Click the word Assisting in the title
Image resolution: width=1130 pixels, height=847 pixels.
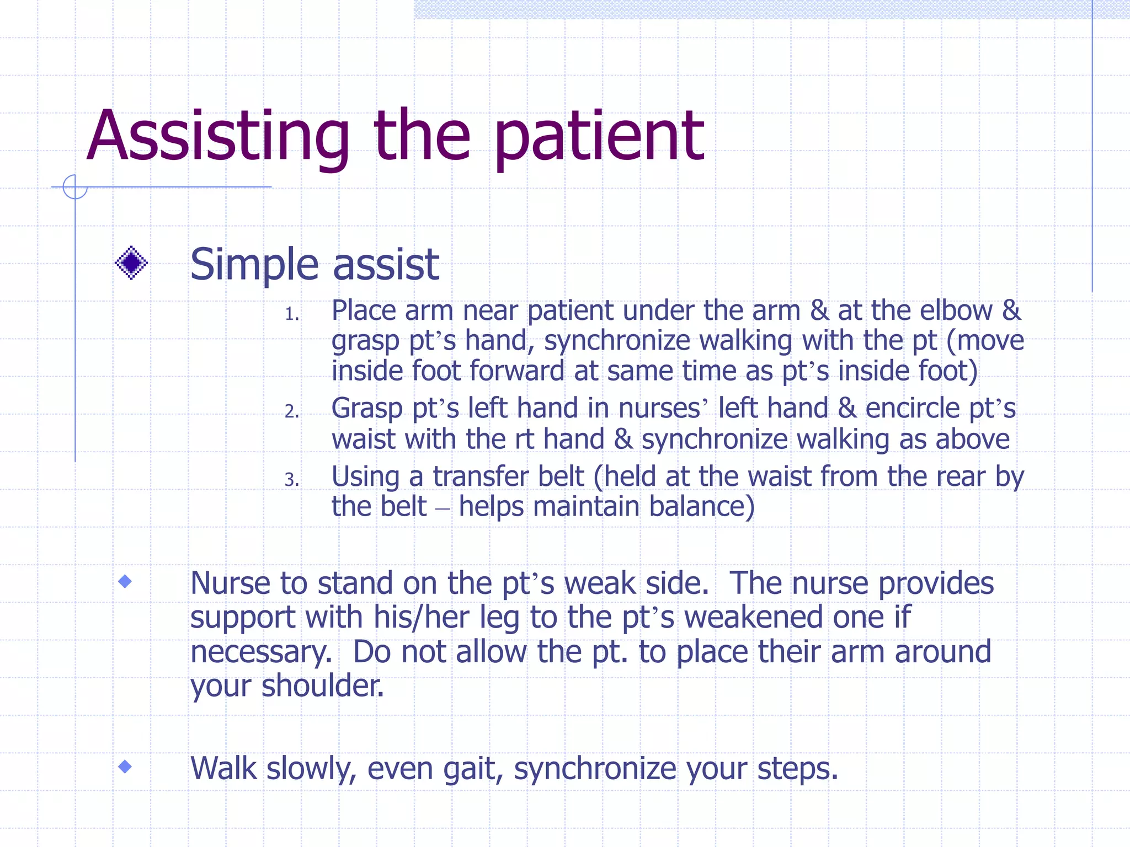click(218, 138)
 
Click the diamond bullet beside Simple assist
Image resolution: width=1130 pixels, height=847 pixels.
click(131, 263)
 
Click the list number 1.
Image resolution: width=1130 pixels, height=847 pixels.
click(291, 314)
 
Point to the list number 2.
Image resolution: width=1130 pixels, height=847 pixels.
click(291, 411)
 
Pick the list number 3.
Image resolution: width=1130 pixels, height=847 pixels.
click(291, 480)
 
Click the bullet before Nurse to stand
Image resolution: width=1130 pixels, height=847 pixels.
click(125, 581)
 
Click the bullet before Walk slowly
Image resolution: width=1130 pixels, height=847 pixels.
click(125, 766)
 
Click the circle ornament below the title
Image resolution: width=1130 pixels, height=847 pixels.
click(75, 187)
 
